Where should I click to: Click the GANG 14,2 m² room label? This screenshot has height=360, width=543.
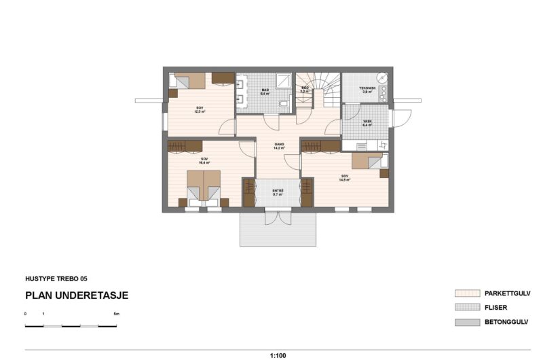278,145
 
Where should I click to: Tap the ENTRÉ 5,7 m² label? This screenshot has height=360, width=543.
278,192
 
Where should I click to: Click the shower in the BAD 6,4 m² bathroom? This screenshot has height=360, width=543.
283,81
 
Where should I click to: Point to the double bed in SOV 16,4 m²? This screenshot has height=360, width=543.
204,186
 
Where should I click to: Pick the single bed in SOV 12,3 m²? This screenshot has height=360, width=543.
186,80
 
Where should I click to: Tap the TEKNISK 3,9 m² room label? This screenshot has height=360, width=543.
367,90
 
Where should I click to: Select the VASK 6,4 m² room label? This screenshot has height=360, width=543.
367,124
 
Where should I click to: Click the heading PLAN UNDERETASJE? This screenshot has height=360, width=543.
76,295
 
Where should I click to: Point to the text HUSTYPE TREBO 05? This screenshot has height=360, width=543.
56,278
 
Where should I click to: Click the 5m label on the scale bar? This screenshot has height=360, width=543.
117,314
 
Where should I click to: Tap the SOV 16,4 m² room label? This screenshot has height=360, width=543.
204,162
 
